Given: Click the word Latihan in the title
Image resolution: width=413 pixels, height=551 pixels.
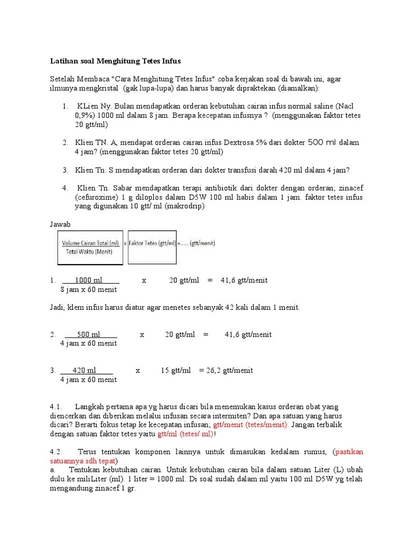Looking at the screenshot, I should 63,61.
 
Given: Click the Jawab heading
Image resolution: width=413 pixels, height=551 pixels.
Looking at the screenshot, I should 60,224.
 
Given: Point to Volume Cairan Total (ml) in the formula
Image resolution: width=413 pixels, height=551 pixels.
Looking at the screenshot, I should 90,243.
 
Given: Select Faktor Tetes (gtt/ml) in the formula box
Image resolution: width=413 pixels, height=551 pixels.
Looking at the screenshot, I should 152,243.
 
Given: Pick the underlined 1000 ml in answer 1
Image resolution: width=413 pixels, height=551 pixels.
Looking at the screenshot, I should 89,280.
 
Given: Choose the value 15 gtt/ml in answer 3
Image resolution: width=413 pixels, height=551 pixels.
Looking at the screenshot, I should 176,370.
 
